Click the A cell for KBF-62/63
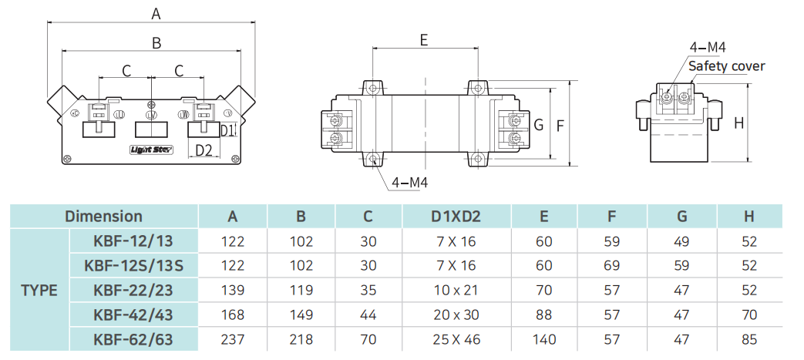click(x=232, y=339)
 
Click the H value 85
click(x=748, y=339)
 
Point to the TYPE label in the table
click(x=39, y=291)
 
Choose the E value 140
click(x=544, y=339)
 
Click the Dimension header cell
click(x=103, y=217)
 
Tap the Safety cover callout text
click(x=726, y=66)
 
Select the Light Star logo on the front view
click(x=151, y=150)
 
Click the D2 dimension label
click(x=203, y=150)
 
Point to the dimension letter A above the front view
click(x=156, y=13)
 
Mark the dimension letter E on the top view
click(x=424, y=40)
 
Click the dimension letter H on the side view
click(x=738, y=123)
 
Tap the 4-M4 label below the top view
click(x=409, y=183)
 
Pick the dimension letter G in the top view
click(x=539, y=124)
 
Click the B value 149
click(x=301, y=315)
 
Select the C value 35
click(x=368, y=291)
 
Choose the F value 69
click(x=612, y=266)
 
